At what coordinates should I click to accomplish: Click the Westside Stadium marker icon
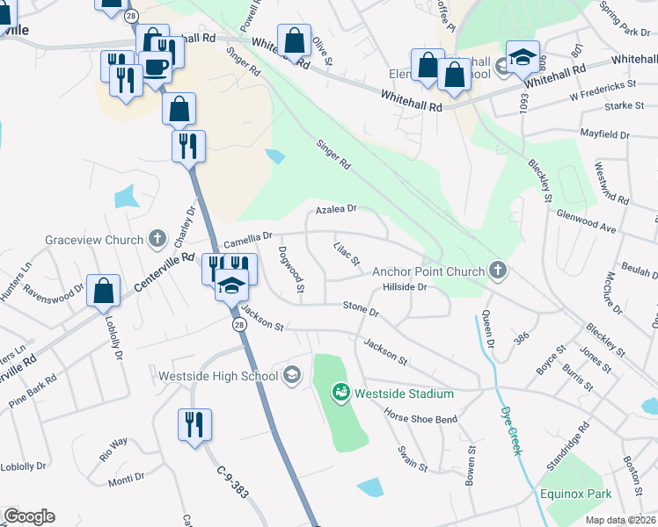point(341,393)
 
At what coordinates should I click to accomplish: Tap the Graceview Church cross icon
point(157,239)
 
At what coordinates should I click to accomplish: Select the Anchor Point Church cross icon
point(499,271)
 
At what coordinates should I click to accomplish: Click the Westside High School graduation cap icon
point(291,376)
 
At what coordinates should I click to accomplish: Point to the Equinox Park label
point(576,494)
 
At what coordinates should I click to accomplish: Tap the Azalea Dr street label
point(337,209)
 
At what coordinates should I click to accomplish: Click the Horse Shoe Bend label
point(420,419)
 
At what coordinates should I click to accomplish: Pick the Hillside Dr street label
point(405,286)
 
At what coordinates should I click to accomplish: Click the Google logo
point(29,516)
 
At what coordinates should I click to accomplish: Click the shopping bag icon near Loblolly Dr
point(103,290)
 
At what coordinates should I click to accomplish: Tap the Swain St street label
point(412,458)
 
